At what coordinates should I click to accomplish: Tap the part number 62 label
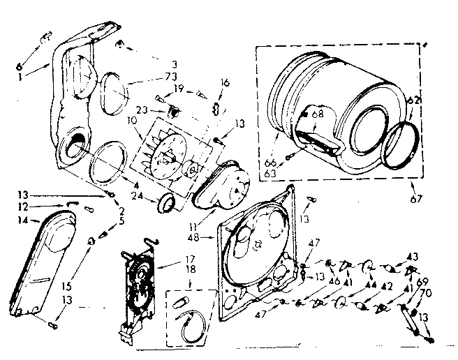pos(413,99)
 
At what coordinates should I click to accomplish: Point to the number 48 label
pos(208,237)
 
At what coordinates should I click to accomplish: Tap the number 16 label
pos(225,83)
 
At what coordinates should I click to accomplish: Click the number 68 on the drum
pos(317,114)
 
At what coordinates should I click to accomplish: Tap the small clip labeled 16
pos(216,107)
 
